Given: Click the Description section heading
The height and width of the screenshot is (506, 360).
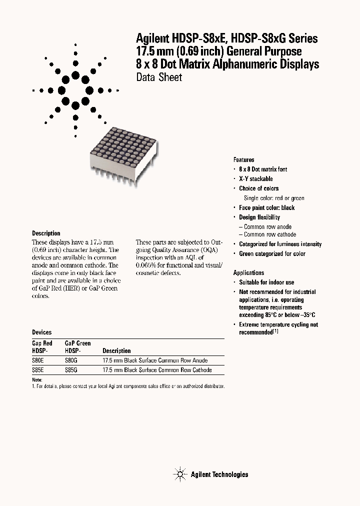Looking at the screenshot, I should tap(46, 233).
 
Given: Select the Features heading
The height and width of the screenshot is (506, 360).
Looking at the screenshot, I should tap(244, 159).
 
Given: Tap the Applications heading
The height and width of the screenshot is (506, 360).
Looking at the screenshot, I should tap(248, 272).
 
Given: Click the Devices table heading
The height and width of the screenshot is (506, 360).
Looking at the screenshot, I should tap(41, 332).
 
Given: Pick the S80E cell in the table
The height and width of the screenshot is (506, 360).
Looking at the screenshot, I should tap(38, 360).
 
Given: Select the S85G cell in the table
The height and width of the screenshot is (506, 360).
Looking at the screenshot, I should tap(71, 370).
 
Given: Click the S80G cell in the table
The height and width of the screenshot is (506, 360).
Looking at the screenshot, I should tap(71, 360).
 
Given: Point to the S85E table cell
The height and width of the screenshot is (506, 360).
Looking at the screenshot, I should tap(38, 370).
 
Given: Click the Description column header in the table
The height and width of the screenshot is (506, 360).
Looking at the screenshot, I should tap(116, 351).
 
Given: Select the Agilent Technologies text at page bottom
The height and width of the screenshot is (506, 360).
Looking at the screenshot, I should tap(219, 474).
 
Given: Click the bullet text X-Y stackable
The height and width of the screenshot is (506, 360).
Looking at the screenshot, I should tap(256, 179).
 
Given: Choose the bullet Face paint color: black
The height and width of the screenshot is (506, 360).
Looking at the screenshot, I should tap(266, 207).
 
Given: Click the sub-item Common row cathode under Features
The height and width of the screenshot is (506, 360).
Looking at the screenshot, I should tap(269, 234).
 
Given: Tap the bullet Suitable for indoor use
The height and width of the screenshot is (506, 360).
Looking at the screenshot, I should tap(266, 282).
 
